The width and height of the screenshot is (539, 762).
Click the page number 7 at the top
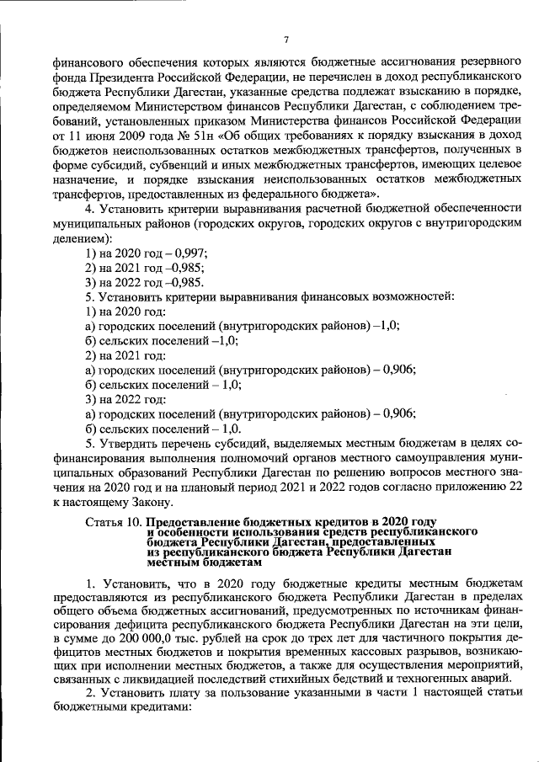[x=286, y=40]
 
